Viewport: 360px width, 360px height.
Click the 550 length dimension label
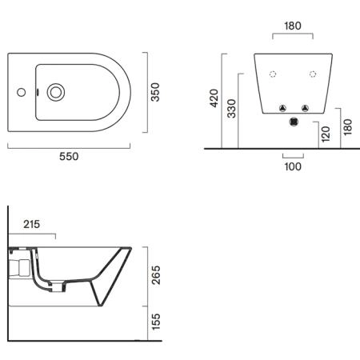pos(69,156)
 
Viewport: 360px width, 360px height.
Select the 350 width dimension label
pos(155,92)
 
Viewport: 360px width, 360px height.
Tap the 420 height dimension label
pos(214,98)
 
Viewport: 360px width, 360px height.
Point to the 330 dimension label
pos(232,109)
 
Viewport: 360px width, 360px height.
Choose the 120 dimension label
pos(326,134)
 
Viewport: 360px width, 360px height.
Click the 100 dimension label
pos(293,166)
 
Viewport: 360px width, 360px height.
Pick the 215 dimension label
pos(31,224)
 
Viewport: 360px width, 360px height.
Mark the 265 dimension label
pos(156,275)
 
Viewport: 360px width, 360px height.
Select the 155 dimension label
pos(156,322)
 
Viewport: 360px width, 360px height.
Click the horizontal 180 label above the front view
pos(293,26)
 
